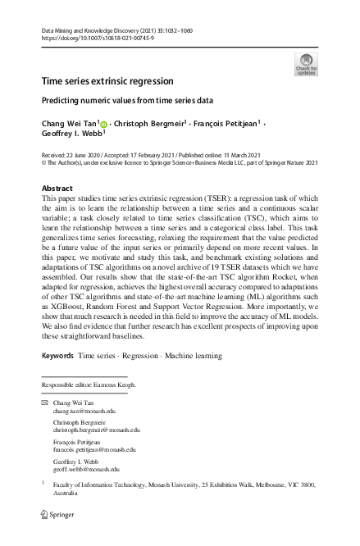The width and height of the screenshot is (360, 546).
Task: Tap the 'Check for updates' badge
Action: (x=305, y=63)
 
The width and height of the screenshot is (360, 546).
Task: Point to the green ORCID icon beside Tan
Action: (x=104, y=124)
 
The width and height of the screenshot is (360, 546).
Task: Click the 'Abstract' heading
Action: (x=57, y=189)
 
